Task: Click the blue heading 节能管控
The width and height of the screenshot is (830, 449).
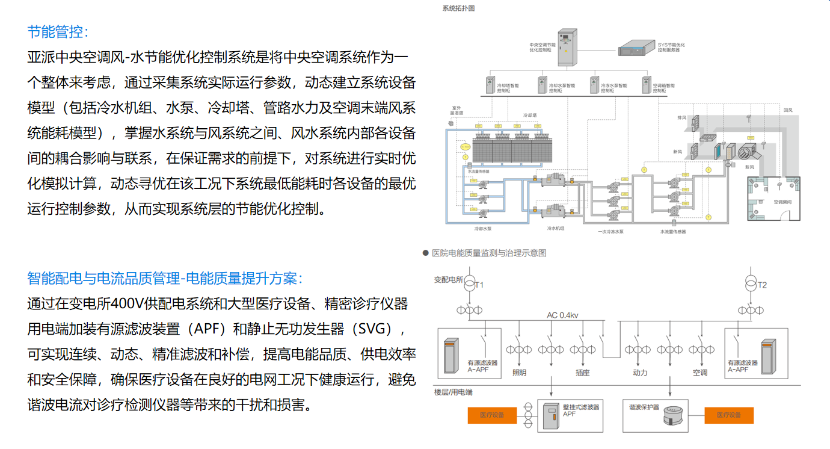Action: pos(58,31)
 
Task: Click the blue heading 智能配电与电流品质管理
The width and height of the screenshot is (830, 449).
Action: pos(102,278)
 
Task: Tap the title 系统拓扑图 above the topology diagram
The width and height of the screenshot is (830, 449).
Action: pos(458,8)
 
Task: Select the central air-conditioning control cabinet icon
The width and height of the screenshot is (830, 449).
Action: pos(567,48)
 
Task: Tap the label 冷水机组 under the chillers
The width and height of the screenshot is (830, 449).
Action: pos(555,229)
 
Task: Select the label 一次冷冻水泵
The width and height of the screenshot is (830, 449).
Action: pos(610,231)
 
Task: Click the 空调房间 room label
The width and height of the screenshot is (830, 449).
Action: pos(782,202)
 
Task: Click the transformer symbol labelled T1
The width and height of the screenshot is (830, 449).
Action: pos(469,284)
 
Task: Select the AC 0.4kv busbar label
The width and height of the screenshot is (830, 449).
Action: pos(562,315)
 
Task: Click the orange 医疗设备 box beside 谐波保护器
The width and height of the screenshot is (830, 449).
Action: pos(728,415)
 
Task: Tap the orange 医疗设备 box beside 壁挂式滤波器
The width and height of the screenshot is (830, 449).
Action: pos(492,415)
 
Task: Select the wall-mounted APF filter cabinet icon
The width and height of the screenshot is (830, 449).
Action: pos(551,415)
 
